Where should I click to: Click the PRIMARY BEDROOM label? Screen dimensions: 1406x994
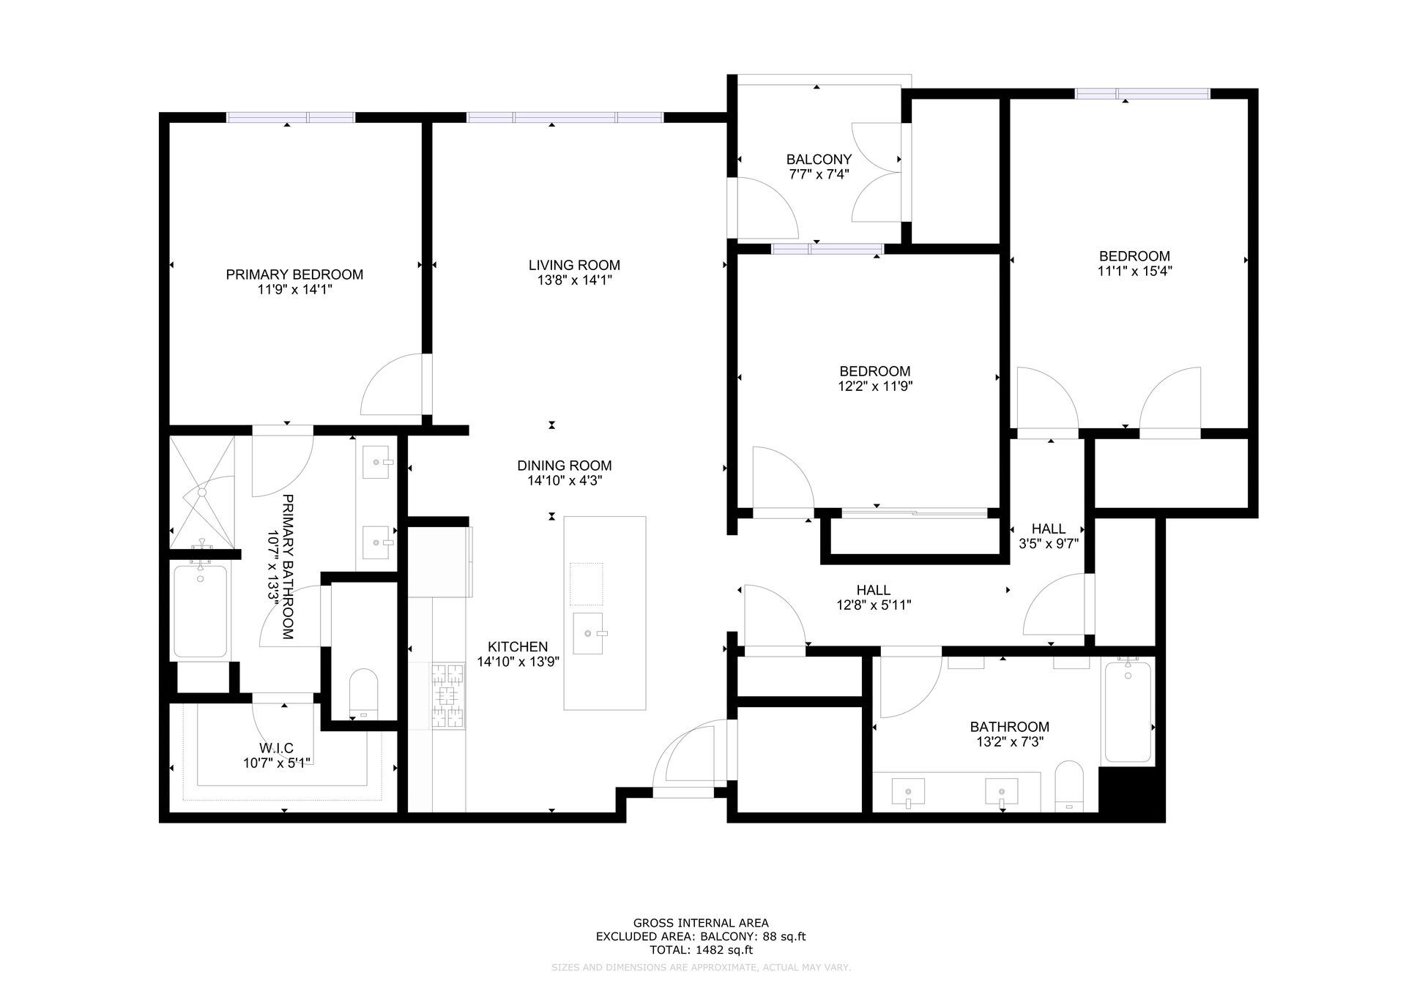[294, 274]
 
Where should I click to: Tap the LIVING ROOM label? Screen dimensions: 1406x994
[574, 265]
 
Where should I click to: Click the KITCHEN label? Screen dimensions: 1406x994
[518, 647]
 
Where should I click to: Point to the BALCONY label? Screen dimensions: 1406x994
[819, 160]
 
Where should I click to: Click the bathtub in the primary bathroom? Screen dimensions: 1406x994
[201, 611]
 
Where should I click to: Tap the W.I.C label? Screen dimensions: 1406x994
[276, 748]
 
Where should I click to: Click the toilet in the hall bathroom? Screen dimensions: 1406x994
[1071, 786]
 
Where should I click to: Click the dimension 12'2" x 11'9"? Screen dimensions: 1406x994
[875, 386]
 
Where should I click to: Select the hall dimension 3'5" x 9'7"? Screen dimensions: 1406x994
[1049, 544]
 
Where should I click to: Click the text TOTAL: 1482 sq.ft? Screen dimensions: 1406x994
[701, 950]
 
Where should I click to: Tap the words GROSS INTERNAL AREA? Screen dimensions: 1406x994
[701, 924]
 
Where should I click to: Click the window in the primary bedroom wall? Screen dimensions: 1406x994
[291, 117]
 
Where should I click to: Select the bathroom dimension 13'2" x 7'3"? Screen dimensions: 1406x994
[1009, 741]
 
